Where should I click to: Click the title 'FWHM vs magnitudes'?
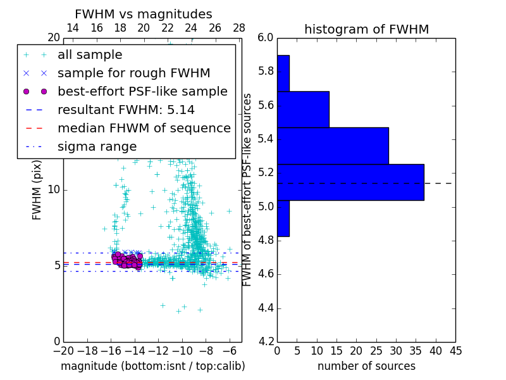pyautogui.click(x=144, y=14)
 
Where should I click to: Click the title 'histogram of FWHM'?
pyautogui.click(x=366, y=29)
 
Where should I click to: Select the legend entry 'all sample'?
pyautogui.click(x=90, y=55)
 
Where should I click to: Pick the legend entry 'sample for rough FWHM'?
pyautogui.click(x=133, y=73)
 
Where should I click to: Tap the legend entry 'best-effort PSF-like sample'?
pyautogui.click(x=142, y=91)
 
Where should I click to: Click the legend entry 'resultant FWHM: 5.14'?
pyautogui.click(x=126, y=110)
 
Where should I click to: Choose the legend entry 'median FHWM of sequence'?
pyautogui.click(x=144, y=128)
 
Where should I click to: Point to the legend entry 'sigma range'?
pyautogui.click(x=97, y=146)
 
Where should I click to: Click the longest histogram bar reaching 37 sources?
pyautogui.click(x=350, y=182)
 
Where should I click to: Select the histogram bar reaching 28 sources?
pyautogui.click(x=333, y=146)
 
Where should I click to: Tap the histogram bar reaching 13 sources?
pyautogui.click(x=303, y=109)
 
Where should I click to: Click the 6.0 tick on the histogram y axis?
pyautogui.click(x=266, y=37)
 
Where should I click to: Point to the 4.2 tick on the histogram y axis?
pyautogui.click(x=266, y=341)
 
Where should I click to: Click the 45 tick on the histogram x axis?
pyautogui.click(x=455, y=350)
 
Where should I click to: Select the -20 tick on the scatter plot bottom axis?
pyautogui.click(x=63, y=350)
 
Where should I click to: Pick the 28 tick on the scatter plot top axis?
pyautogui.click(x=239, y=28)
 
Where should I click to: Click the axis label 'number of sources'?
pyautogui.click(x=366, y=366)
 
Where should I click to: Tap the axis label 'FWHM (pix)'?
pyautogui.click(x=37, y=189)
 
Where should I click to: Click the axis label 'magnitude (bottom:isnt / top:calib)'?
pyautogui.click(x=152, y=366)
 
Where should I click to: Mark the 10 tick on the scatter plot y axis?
pyautogui.click(x=54, y=189)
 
